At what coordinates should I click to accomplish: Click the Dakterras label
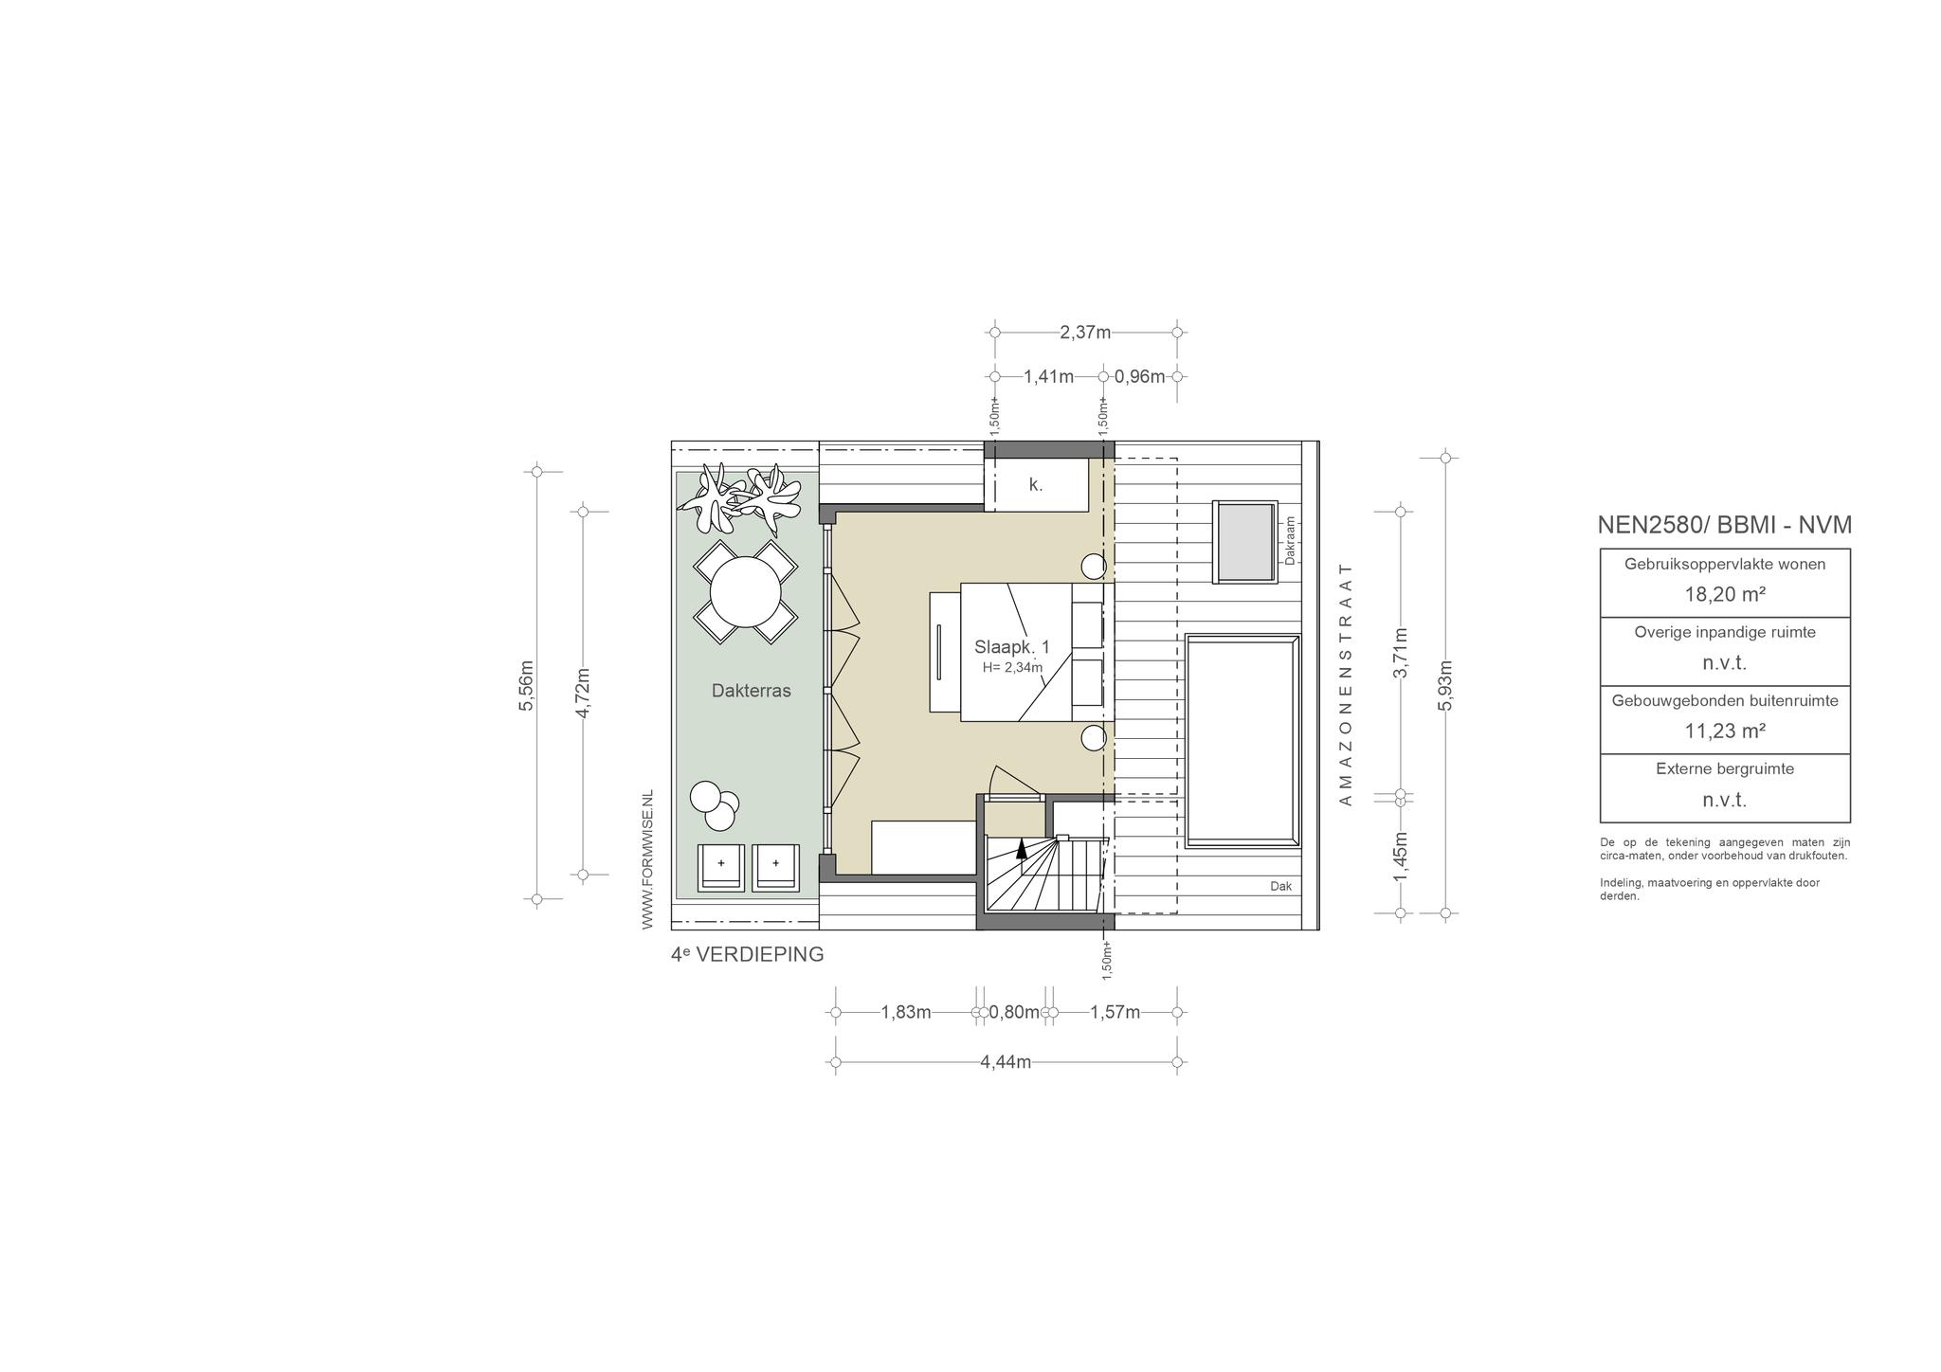(x=751, y=692)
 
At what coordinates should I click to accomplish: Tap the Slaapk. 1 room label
(x=1011, y=647)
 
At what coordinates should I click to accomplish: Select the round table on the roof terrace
(x=746, y=591)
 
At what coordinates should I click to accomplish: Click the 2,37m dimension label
(x=1085, y=333)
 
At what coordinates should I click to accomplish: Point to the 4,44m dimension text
(x=1006, y=1062)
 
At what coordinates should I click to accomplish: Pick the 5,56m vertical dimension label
(x=528, y=685)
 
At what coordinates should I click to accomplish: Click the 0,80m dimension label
(x=1014, y=1012)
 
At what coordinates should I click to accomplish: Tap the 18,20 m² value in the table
(x=1725, y=595)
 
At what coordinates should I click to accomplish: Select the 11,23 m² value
(x=1725, y=731)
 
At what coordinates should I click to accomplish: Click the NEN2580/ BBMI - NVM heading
(x=1724, y=525)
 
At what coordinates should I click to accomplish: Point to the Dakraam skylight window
(x=1245, y=542)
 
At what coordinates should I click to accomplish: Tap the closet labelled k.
(x=1036, y=485)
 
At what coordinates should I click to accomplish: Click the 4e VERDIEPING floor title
(x=747, y=955)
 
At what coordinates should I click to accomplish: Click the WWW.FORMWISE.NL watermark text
(x=648, y=859)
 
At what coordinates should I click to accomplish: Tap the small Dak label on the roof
(x=1280, y=887)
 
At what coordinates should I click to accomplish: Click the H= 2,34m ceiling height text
(x=1012, y=668)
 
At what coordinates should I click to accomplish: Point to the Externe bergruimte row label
(x=1725, y=769)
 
